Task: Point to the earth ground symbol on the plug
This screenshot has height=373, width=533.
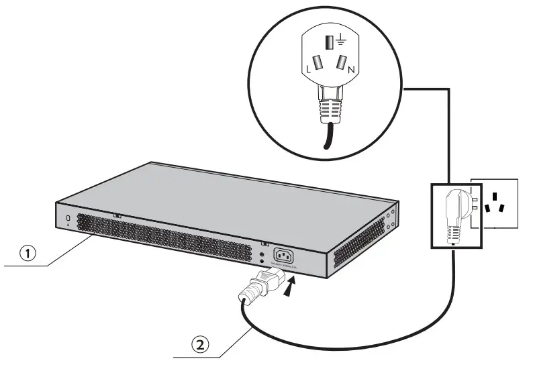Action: click(x=339, y=41)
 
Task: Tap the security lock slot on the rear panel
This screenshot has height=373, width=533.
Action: click(x=68, y=219)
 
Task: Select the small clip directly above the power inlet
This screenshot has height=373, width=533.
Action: click(x=264, y=244)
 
